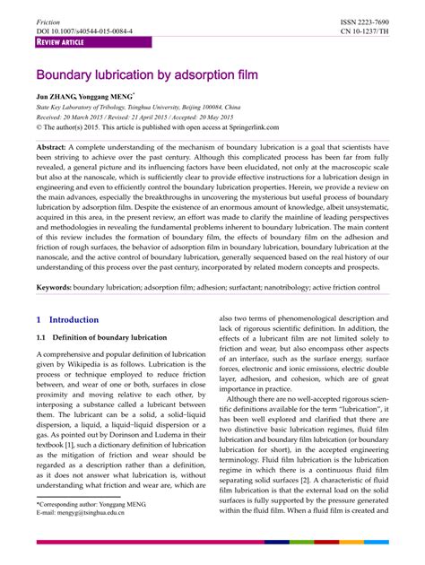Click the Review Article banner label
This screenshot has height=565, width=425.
[x=60, y=42]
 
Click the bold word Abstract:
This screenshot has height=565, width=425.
[x=55, y=170]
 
